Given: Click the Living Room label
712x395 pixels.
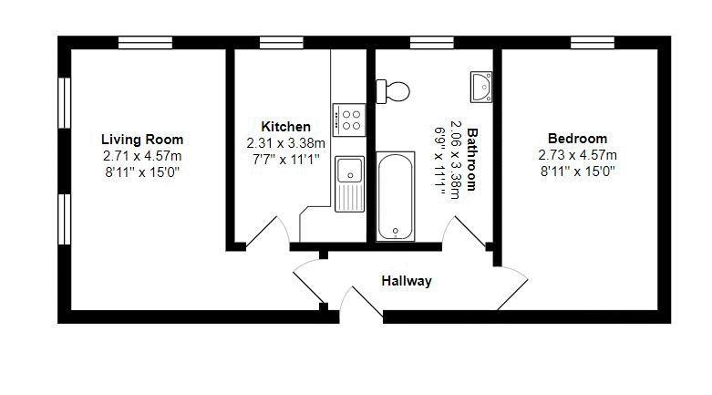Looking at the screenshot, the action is pos(142,139).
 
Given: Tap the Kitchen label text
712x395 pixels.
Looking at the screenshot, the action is pos(286,127).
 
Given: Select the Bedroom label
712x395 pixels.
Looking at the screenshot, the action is pos(577,138).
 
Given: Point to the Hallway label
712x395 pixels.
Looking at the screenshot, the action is pos(407,281).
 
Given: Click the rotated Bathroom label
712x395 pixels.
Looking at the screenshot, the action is pos(473,159).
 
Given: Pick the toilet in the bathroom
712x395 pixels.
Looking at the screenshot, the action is pos(393,91).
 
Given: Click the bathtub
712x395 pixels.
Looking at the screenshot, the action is pos(395,196).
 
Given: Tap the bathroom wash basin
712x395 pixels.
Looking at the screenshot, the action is pos(481,87).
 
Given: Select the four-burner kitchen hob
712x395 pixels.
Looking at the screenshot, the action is pos(349,120).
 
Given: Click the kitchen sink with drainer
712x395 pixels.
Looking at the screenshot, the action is pos(350,184).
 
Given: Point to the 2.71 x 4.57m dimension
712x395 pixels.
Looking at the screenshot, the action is pos(142,156).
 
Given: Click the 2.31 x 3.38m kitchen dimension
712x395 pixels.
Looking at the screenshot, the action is pos(286,143).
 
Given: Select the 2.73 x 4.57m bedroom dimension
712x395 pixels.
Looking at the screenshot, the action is pos(578,155).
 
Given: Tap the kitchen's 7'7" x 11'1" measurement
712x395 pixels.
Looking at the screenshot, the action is pos(286,160).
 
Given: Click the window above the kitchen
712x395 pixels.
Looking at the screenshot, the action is pos(281,43).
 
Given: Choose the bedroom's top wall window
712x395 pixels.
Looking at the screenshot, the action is pos(593,43).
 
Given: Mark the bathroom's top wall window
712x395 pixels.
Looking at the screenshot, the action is pos(432,43).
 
